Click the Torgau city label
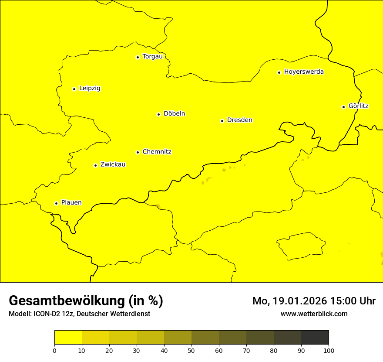[152, 56]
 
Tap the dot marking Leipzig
[74, 89]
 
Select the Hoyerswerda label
[304, 72]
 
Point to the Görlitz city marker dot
[343, 107]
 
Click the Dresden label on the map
[239, 120]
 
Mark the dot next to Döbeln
[158, 114]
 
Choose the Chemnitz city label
[157, 152]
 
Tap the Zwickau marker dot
[95, 165]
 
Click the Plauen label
[71, 202]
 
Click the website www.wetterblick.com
[314, 314]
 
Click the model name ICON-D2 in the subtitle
[47, 314]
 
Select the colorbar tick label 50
[191, 350]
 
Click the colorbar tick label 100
[329, 350]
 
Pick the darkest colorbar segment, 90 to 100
[315, 337]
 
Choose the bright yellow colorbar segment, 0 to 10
[68, 337]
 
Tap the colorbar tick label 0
[54, 350]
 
